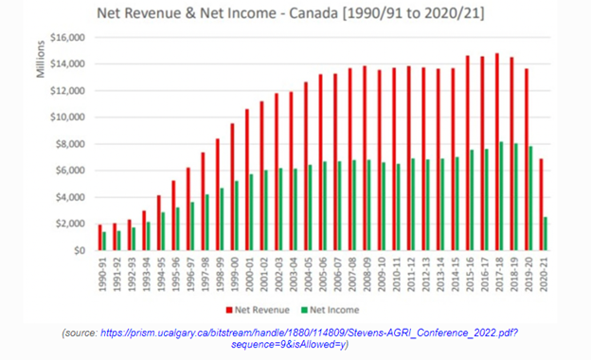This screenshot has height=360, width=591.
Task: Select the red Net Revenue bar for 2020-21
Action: click(x=541, y=205)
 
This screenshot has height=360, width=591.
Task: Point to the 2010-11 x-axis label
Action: click(x=389, y=276)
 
